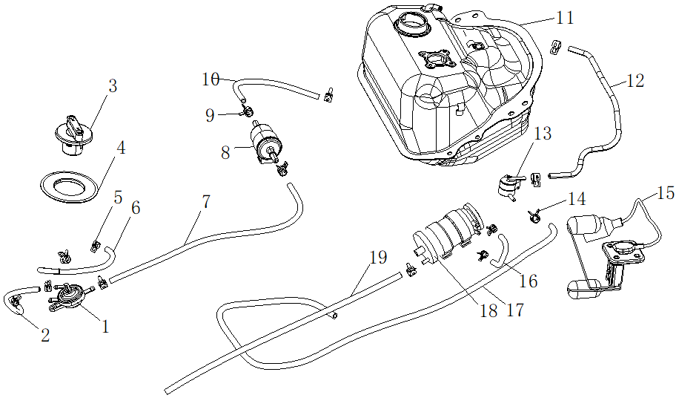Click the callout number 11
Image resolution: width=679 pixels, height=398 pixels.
click(x=565, y=17)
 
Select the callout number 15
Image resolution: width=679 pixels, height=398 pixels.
click(x=665, y=194)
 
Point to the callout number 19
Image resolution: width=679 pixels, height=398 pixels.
click(x=378, y=258)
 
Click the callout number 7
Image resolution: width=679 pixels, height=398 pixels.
click(x=205, y=200)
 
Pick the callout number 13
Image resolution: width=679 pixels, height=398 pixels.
click(x=543, y=134)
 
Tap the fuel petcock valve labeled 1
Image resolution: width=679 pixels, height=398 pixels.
click(x=71, y=296)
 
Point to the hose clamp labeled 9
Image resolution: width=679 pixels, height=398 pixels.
click(x=248, y=112)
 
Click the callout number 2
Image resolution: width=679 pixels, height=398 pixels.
click(x=45, y=336)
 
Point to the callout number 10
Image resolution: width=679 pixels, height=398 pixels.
click(x=211, y=78)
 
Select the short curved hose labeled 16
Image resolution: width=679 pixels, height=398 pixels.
click(x=498, y=249)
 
